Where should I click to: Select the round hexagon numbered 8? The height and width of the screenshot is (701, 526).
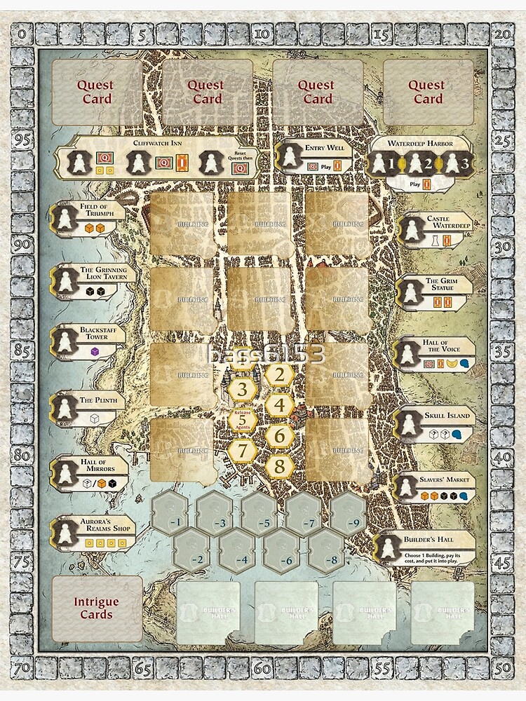279,465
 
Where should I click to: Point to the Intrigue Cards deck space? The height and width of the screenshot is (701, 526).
97,608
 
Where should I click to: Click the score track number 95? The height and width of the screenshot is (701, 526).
22,139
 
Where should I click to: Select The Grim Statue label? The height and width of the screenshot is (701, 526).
442,285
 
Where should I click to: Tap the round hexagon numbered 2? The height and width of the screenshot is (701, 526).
279,375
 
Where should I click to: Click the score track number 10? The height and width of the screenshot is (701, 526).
262,32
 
